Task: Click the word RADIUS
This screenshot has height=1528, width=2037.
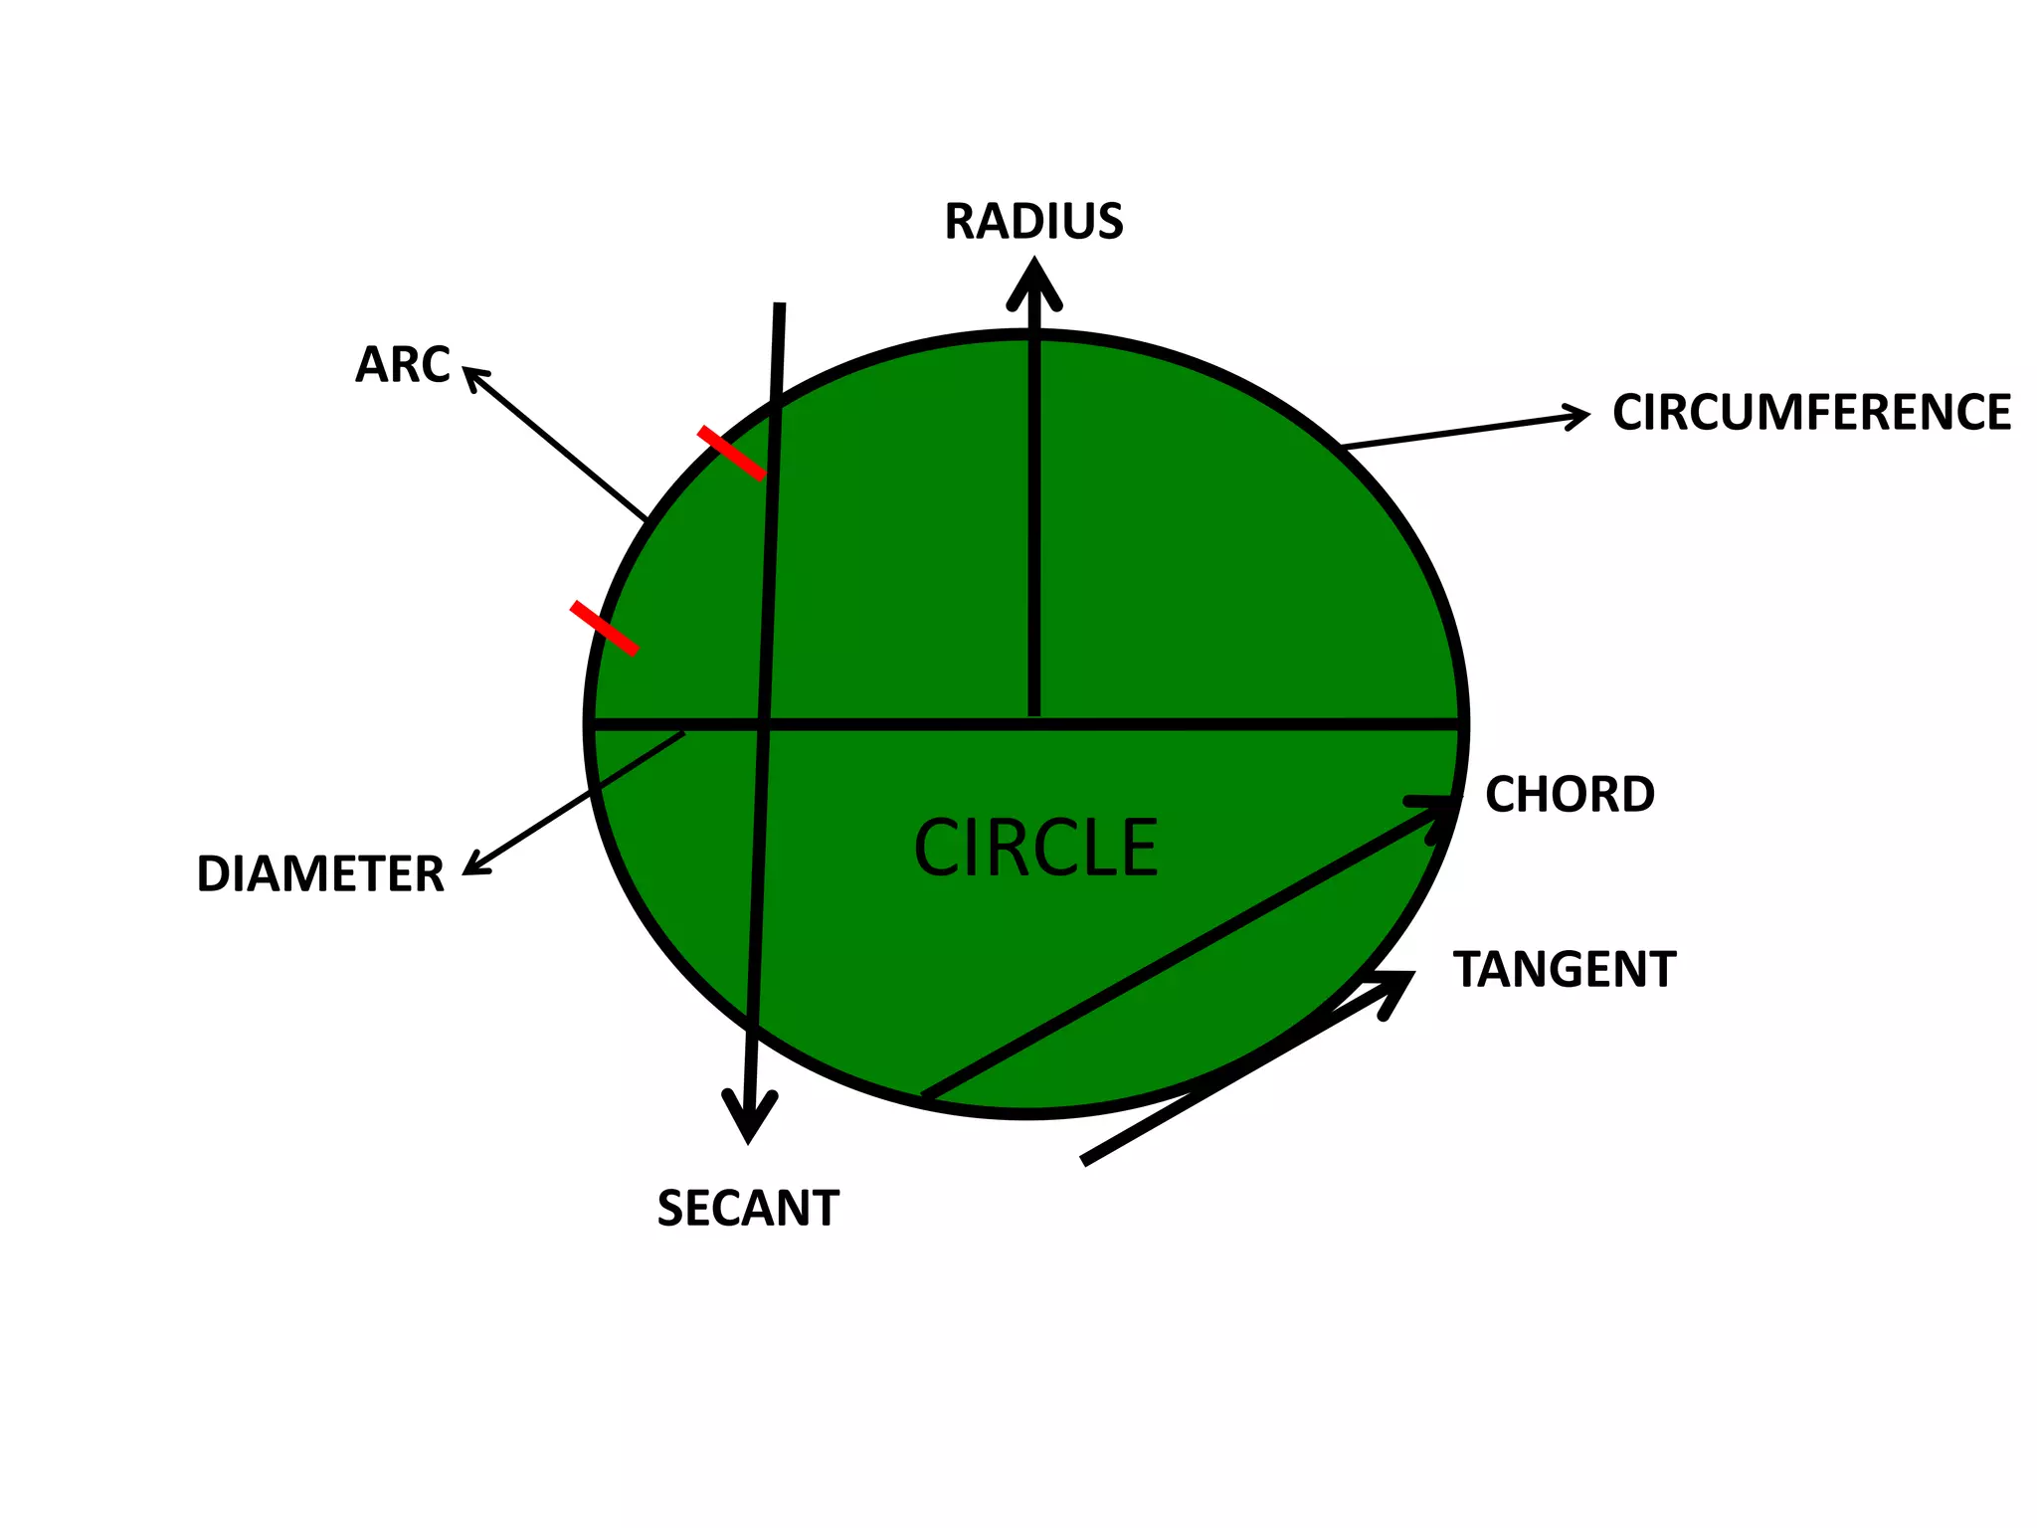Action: coord(1033,221)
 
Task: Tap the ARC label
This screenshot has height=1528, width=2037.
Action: coord(403,364)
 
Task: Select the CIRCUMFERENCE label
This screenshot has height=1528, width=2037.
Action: coord(1811,412)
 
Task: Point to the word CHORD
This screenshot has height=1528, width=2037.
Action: coord(1570,794)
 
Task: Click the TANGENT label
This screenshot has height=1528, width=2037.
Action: coord(1565,969)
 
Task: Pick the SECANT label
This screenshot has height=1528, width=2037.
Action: coord(748,1208)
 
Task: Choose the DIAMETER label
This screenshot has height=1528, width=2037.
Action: coord(320,873)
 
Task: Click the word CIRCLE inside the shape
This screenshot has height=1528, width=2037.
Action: coord(1035,848)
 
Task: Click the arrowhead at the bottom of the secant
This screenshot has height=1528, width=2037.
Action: coord(748,1119)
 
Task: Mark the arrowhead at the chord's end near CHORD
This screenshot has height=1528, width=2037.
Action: coord(1438,810)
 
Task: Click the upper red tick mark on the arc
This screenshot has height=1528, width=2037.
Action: coord(732,453)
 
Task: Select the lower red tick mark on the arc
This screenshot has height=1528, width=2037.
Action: coord(604,628)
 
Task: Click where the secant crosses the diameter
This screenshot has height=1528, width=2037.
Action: coord(762,724)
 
